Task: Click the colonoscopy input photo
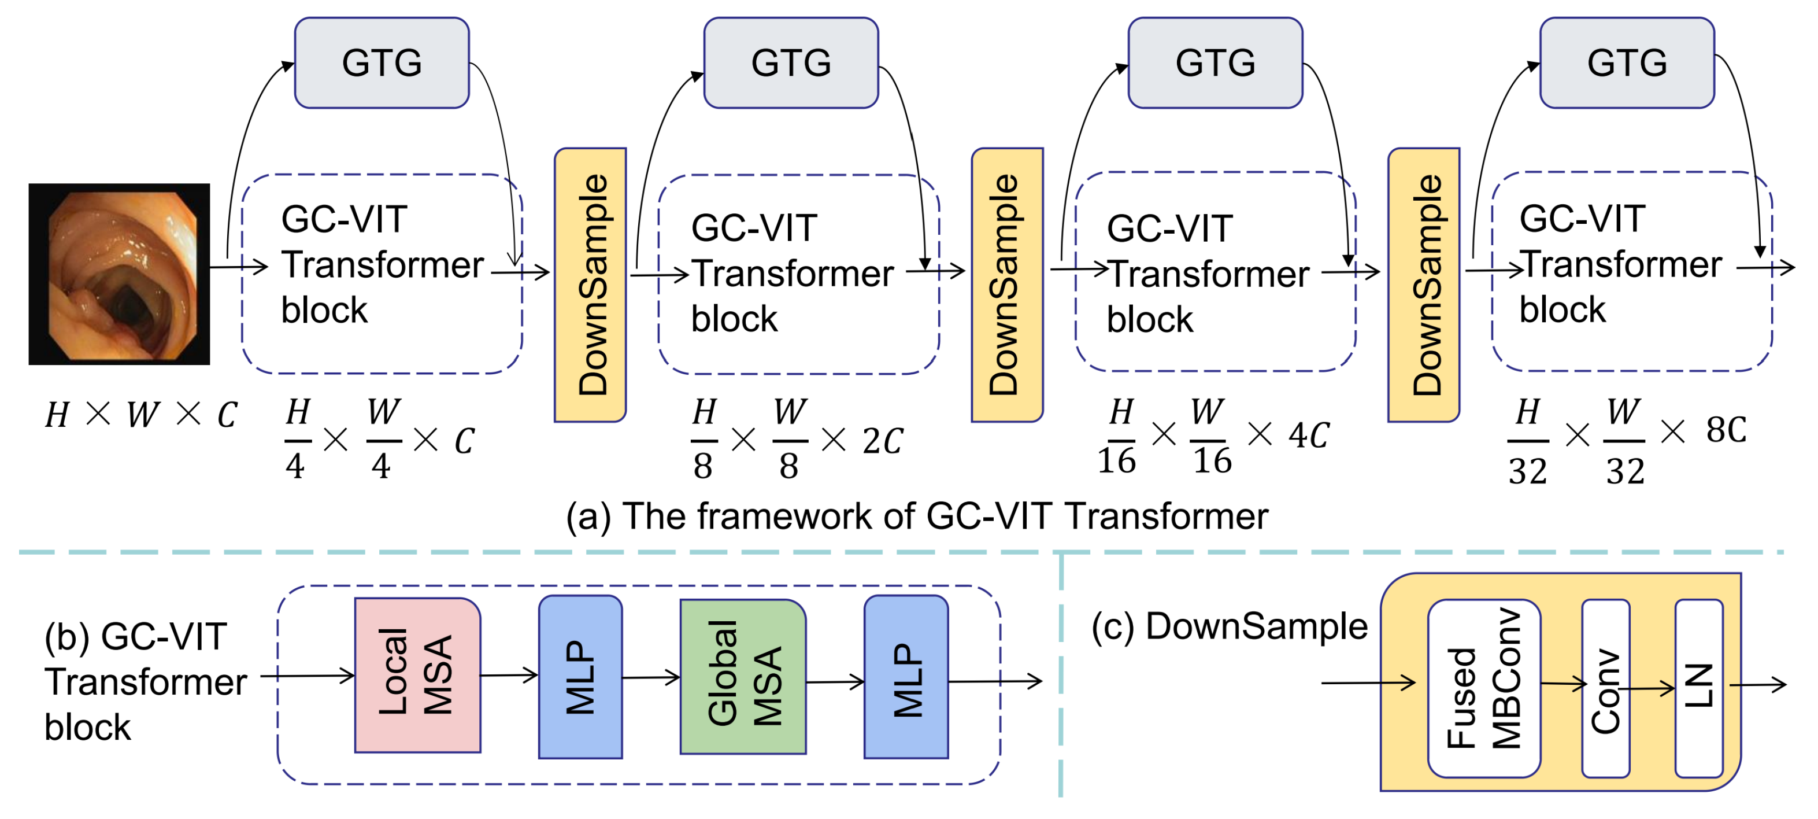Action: click(119, 274)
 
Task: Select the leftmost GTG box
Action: click(382, 63)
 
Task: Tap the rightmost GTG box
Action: click(1627, 63)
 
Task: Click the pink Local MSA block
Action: click(417, 675)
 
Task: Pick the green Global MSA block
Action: click(742, 676)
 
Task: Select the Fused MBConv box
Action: click(1483, 688)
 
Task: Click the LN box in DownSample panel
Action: click(1699, 688)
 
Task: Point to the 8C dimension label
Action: click(1726, 429)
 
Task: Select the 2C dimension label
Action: click(882, 441)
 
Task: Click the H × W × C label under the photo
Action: click(141, 415)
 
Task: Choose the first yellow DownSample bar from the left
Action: click(590, 285)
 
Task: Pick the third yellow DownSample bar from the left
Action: click(1424, 285)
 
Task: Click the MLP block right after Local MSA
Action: click(580, 676)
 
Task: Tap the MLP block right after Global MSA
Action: click(906, 676)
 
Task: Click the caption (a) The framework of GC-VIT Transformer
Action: click(916, 516)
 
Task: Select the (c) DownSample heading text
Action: click(1229, 626)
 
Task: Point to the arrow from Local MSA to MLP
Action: click(509, 675)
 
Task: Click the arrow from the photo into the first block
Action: click(239, 267)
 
